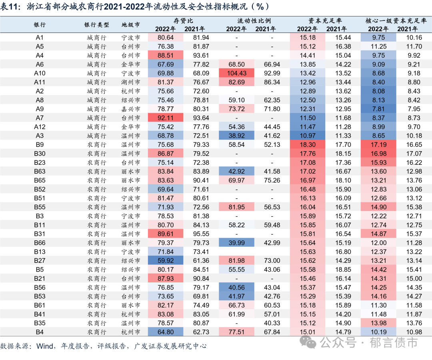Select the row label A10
[40, 73]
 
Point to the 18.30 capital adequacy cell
[307, 144]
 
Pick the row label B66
[40, 243]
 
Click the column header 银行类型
[96, 24]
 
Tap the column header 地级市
[131, 24]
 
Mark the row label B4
[40, 332]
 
